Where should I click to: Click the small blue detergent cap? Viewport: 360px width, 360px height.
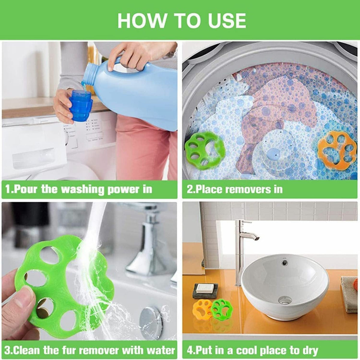click(81, 106)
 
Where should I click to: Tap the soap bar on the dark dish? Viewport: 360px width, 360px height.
click(205, 289)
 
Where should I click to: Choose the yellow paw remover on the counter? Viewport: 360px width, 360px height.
click(203, 310)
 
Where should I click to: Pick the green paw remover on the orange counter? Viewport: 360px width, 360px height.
click(222, 309)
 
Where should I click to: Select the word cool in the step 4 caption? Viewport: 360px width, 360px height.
click(249, 350)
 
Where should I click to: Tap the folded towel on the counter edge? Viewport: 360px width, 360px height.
click(349, 294)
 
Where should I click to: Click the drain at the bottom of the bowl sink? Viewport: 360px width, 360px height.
click(285, 300)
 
